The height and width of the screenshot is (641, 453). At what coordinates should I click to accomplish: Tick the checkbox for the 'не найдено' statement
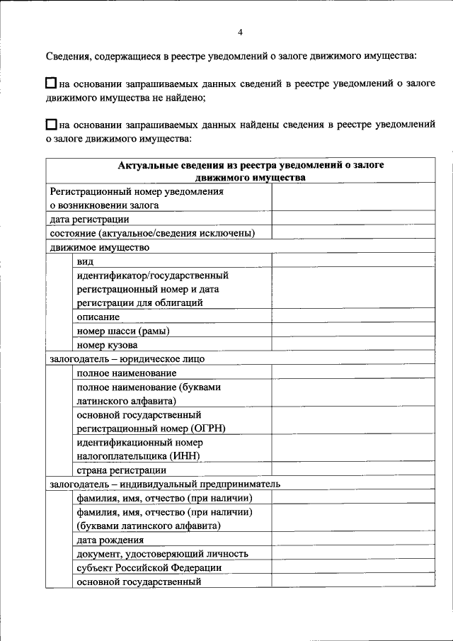click(52, 84)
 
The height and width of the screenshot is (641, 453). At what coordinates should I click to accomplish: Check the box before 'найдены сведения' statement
click(52, 124)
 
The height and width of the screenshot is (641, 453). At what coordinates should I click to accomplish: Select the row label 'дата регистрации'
click(88, 220)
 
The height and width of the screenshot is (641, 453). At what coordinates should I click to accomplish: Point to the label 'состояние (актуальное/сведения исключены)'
click(152, 233)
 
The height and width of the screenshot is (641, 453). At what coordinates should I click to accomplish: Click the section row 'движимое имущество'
click(99, 247)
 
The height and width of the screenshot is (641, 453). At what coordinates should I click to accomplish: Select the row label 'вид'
click(85, 261)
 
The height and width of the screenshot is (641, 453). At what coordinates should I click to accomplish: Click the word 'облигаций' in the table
click(180, 302)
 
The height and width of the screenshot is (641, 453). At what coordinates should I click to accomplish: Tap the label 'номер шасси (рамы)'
click(123, 331)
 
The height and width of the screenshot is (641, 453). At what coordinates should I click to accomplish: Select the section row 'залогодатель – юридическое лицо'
click(127, 359)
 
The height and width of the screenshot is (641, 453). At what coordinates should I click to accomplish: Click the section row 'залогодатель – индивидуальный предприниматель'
click(165, 484)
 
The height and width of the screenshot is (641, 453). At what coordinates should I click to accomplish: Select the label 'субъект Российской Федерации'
click(149, 567)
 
